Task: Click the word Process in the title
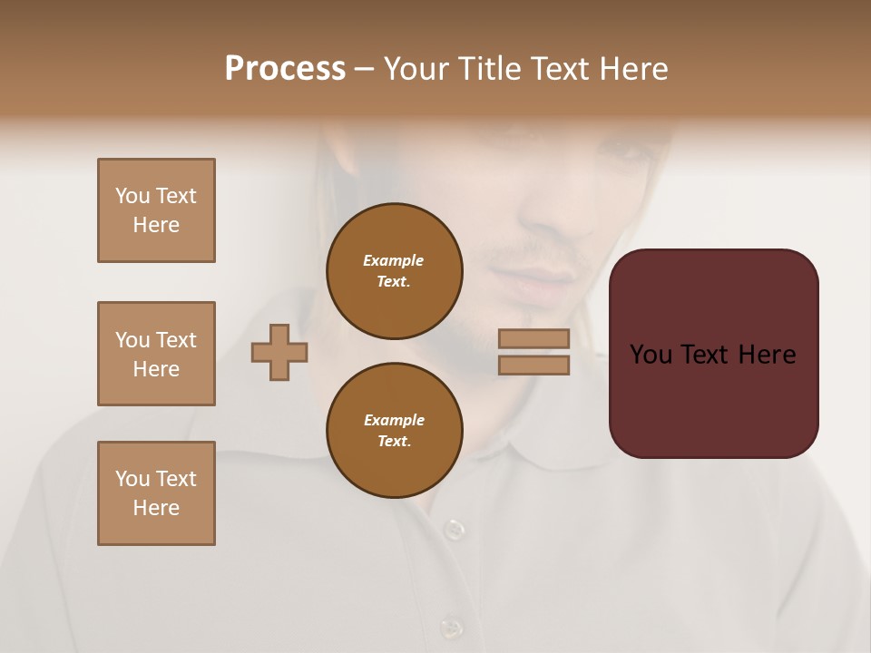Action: tap(285, 69)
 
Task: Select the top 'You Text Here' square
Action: tap(156, 210)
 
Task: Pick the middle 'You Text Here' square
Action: tap(156, 354)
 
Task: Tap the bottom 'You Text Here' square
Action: tap(156, 493)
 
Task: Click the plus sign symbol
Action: tap(279, 352)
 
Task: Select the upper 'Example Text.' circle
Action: tap(395, 271)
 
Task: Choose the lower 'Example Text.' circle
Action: tap(395, 430)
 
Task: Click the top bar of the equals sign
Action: tap(534, 338)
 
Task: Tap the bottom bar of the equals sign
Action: tap(534, 365)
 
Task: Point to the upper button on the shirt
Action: tap(454, 528)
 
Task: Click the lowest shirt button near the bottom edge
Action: tap(449, 628)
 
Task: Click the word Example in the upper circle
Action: tap(393, 260)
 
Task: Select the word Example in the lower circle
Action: tap(394, 420)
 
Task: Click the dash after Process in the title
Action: tap(365, 69)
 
